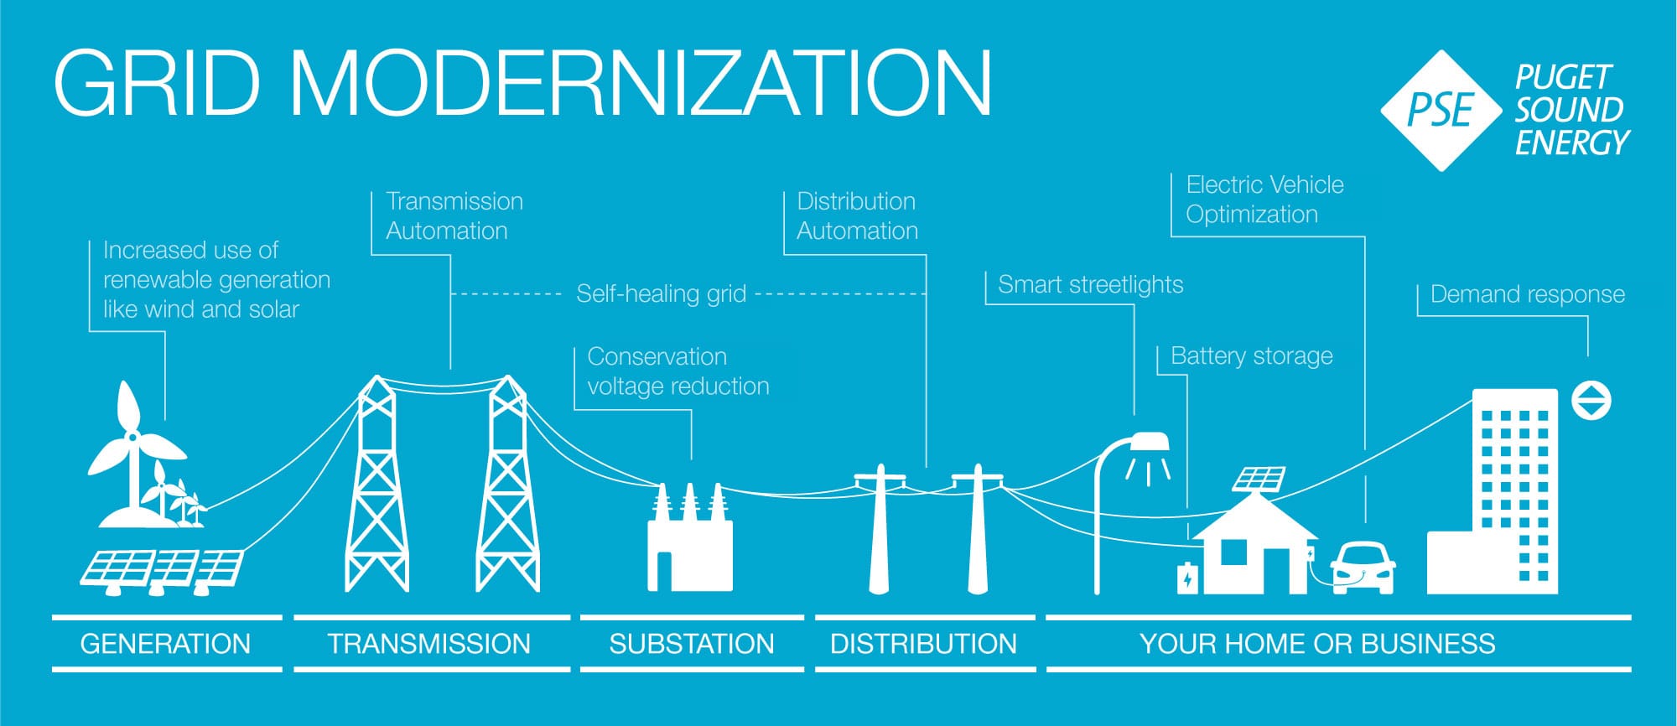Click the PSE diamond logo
click(1441, 111)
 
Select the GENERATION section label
click(165, 644)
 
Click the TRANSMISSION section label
click(428, 644)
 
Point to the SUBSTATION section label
click(691, 644)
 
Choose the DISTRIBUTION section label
click(923, 644)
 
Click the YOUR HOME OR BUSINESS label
click(1316, 644)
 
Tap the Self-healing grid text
click(661, 294)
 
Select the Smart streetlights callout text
click(1090, 285)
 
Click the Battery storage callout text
click(1251, 356)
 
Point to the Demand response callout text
click(1527, 294)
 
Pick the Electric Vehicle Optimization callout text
click(1264, 200)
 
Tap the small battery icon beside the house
click(1187, 578)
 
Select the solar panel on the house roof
click(1259, 479)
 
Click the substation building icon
click(689, 545)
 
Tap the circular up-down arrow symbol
click(1591, 401)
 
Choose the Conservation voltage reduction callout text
click(678, 371)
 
